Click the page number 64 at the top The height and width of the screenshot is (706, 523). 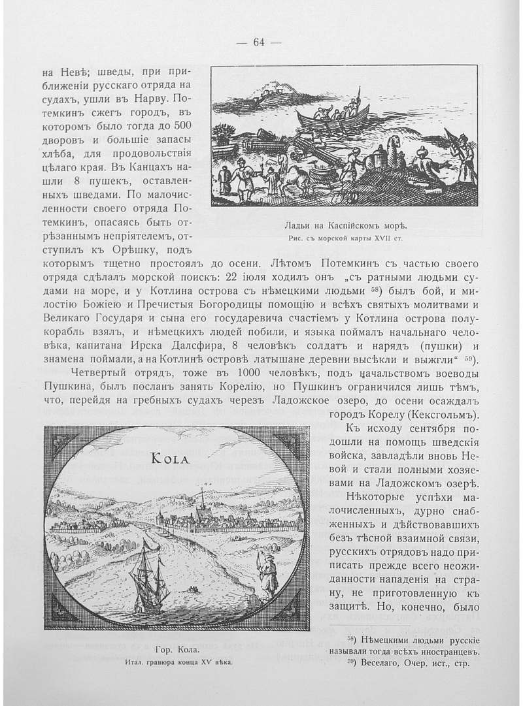point(258,42)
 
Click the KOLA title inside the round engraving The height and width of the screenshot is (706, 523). point(170,458)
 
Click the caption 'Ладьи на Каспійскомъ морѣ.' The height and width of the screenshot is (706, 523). point(345,226)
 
